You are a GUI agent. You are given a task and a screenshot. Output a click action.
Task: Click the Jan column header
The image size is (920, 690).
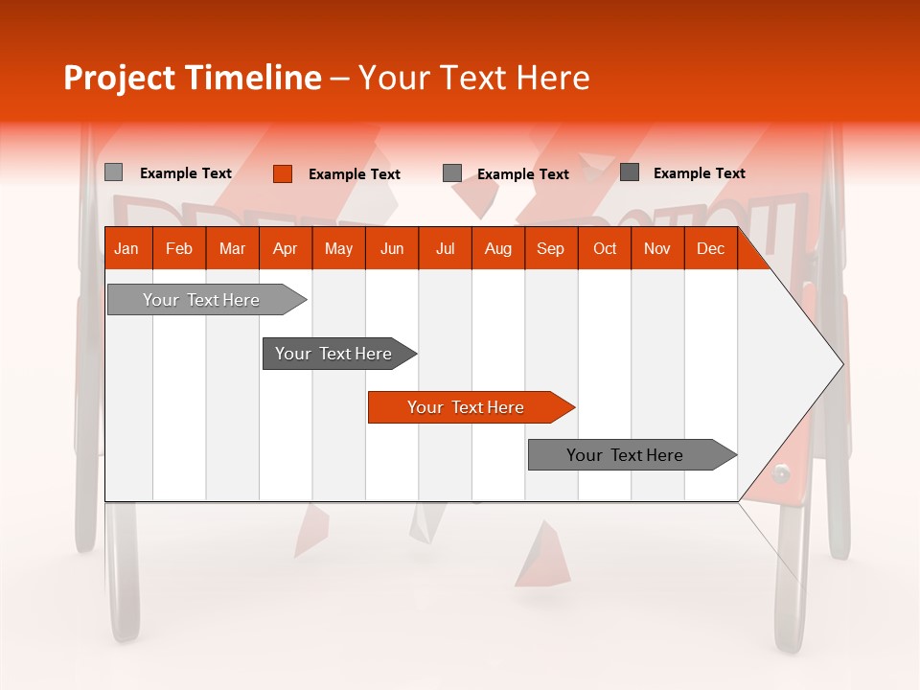point(126,249)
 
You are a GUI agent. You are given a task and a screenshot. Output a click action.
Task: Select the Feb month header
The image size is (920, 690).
point(179,249)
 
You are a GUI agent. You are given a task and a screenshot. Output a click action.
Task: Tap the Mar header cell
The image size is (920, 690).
point(232,249)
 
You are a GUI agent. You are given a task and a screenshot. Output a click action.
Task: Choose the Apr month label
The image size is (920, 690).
point(285,249)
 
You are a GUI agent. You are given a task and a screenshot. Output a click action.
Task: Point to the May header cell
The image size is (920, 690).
point(338,249)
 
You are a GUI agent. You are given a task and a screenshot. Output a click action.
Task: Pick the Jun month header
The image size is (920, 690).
point(392,249)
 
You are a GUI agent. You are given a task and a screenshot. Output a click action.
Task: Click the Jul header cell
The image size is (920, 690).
point(445,249)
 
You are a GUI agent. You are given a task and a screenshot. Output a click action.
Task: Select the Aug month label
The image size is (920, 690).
point(498,249)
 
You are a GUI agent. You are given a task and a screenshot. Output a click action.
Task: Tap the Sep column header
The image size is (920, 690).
point(550,249)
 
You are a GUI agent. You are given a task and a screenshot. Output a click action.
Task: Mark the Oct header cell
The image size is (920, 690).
point(605,249)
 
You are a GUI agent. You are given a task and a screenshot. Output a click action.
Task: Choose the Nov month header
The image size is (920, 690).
point(657,249)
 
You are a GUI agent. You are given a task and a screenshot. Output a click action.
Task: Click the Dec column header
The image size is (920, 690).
point(710,249)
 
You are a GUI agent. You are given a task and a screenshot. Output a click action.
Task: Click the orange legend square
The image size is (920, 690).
point(283,173)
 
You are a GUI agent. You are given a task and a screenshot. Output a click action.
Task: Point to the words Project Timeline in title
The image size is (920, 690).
point(193,78)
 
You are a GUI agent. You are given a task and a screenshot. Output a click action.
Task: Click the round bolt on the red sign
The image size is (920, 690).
point(782,472)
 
